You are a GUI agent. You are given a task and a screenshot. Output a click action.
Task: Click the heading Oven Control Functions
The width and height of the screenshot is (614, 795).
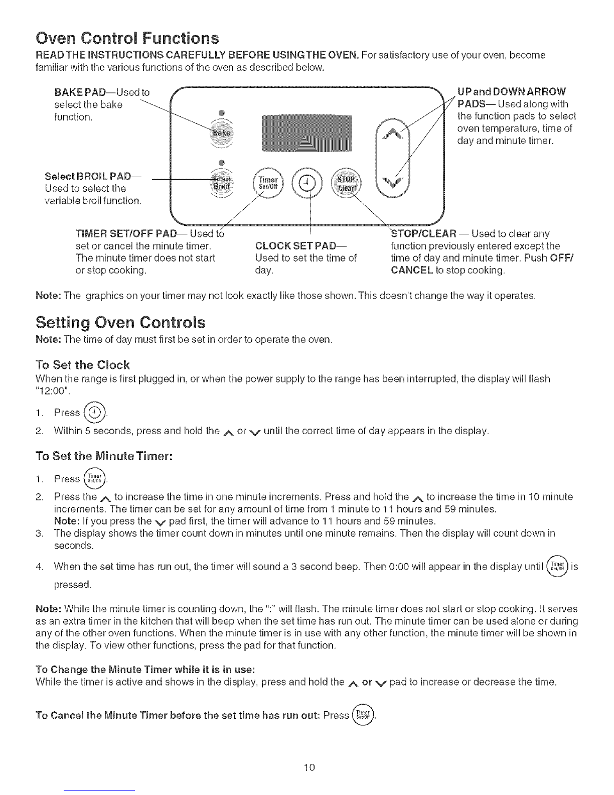pyautogui.click(x=126, y=38)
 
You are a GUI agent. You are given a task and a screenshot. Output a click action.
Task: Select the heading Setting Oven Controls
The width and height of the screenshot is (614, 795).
pyautogui.click(x=120, y=322)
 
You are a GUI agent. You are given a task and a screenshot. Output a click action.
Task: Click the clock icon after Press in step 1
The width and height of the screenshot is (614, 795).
pyautogui.click(x=95, y=413)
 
